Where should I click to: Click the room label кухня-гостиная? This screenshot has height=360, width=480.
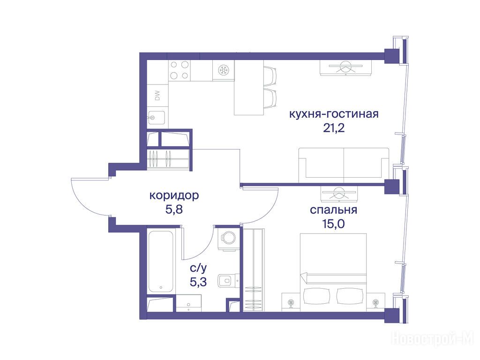334,114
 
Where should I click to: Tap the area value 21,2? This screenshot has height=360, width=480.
334,128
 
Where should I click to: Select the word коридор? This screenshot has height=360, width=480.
174,195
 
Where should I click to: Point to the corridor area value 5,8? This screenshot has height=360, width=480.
174,210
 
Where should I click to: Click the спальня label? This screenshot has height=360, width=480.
333,210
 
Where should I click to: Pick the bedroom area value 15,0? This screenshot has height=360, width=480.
333,224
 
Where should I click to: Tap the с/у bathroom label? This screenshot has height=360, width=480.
198,268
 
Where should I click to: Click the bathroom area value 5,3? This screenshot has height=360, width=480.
198,282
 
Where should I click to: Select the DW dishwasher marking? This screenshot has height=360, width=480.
157,96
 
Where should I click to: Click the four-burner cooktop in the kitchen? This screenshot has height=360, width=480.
180,70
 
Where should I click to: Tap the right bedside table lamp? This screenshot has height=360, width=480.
376,303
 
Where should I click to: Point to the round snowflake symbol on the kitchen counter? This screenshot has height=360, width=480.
224,70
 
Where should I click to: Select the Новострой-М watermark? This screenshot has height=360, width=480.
433,338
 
